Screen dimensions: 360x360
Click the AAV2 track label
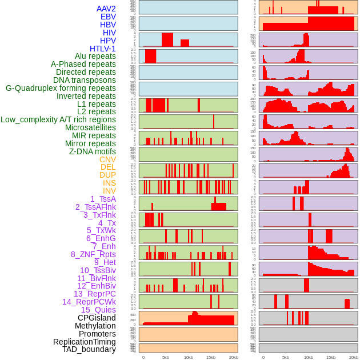(x=106, y=9)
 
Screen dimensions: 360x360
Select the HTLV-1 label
(x=102, y=49)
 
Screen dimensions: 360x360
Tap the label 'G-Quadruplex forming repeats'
(x=61, y=88)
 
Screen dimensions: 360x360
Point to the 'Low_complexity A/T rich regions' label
(x=58, y=119)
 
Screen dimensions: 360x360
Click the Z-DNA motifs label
(x=93, y=151)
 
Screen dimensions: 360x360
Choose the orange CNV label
(x=107, y=159)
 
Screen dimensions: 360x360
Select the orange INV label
(x=109, y=191)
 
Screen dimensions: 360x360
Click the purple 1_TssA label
(x=103, y=199)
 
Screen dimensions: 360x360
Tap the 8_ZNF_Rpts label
(x=93, y=254)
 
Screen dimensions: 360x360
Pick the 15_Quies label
(x=98, y=310)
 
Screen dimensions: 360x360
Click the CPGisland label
(x=97, y=318)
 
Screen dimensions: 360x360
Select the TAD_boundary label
(x=89, y=349)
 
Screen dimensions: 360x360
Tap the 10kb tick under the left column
(x=188, y=357)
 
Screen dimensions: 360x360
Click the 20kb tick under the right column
(x=354, y=357)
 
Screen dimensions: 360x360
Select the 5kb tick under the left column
(x=166, y=357)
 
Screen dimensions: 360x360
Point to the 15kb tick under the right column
(x=331, y=357)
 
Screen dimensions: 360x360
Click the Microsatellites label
(x=90, y=127)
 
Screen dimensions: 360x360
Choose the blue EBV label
(x=108, y=17)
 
